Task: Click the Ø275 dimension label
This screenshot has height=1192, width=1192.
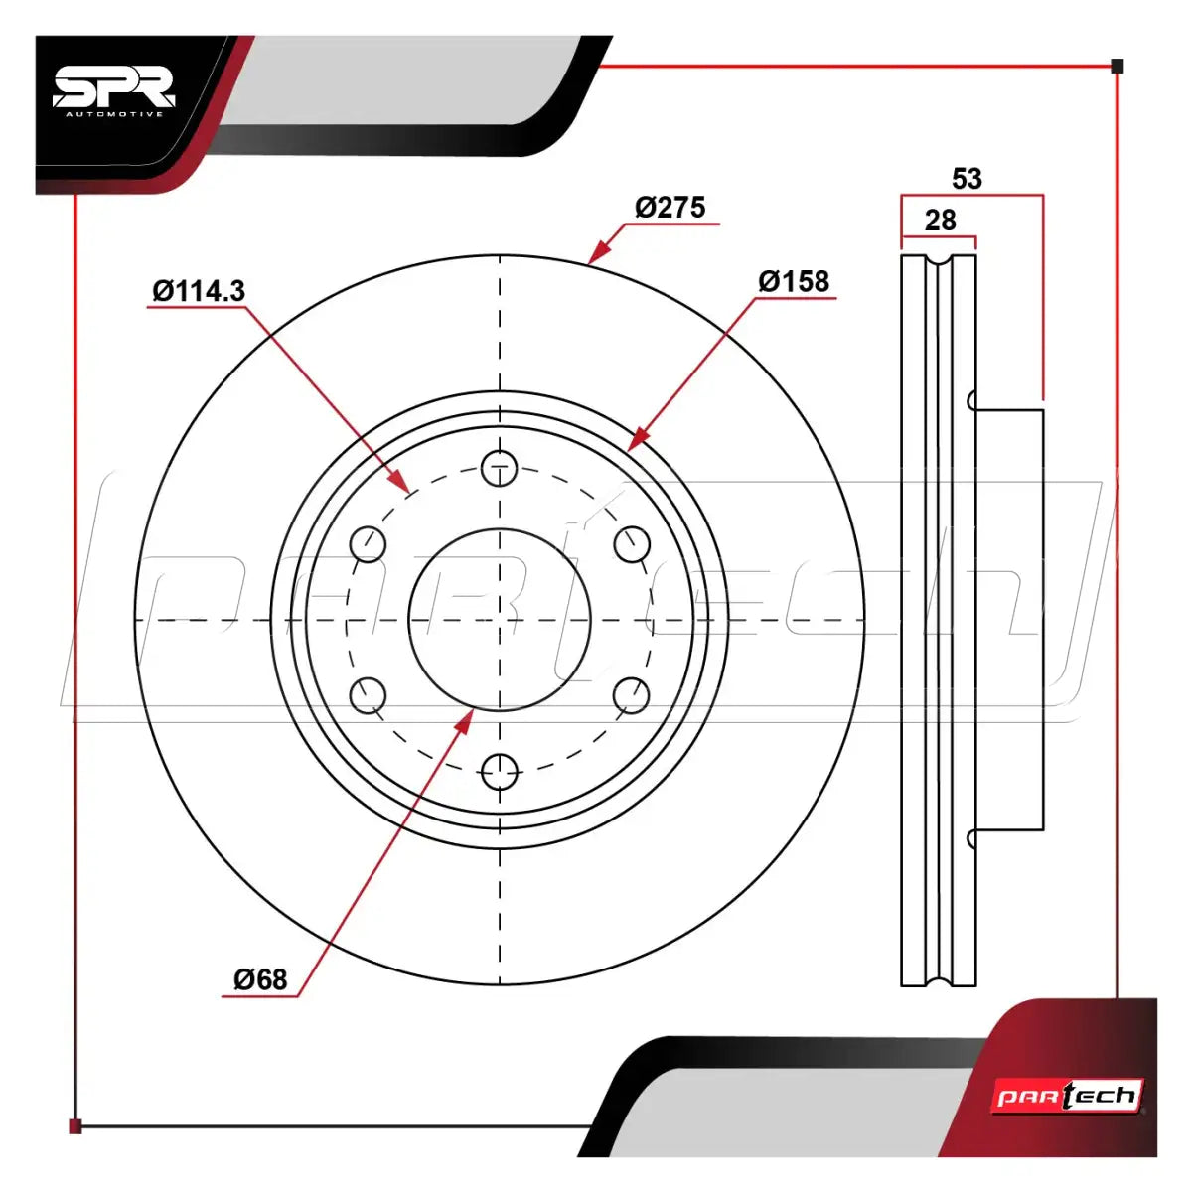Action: coord(670,208)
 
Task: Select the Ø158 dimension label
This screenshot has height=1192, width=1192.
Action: coord(794,281)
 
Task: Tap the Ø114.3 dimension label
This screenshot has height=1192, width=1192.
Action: coord(199,291)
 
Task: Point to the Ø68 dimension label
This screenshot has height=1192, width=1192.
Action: coord(260,979)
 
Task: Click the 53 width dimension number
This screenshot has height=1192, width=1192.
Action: coord(967,179)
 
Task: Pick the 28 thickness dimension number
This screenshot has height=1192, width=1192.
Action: coord(940,221)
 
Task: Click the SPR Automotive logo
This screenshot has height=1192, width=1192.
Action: coord(114,91)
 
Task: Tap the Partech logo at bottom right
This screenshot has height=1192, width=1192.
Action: coord(1067,1097)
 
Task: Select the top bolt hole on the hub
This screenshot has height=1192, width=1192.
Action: coord(500,468)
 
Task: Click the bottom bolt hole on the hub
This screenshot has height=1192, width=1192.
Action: coord(500,772)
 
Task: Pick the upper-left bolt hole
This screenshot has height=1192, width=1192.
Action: coord(369,544)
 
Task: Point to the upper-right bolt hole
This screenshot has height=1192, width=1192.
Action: coord(632,544)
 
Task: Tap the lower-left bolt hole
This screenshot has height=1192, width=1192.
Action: coord(369,695)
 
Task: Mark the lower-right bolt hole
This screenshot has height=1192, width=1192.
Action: coord(632,695)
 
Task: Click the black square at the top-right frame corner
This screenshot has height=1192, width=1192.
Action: coord(1117,67)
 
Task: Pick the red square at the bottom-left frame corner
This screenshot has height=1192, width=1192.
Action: coord(74,1125)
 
